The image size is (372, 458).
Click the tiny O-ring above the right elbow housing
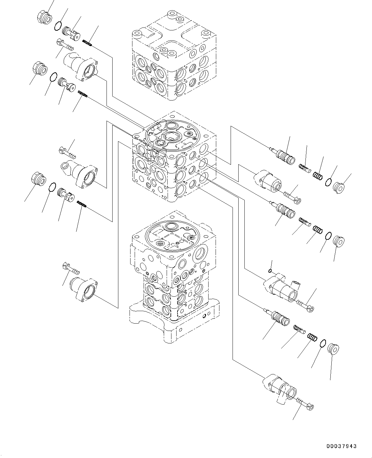pyautogui.click(x=270, y=271)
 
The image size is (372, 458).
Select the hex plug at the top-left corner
pyautogui.click(x=44, y=18)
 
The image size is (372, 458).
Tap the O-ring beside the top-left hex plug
pyautogui.click(x=58, y=26)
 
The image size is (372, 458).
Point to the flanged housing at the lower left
pyautogui.click(x=84, y=289)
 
